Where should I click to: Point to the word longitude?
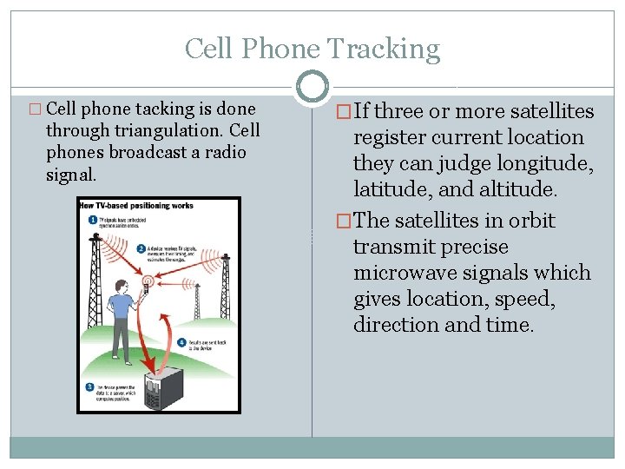click(541, 163)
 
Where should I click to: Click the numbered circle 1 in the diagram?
click(92, 220)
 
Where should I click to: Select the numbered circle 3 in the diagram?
click(89, 386)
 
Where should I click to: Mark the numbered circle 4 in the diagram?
click(181, 341)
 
